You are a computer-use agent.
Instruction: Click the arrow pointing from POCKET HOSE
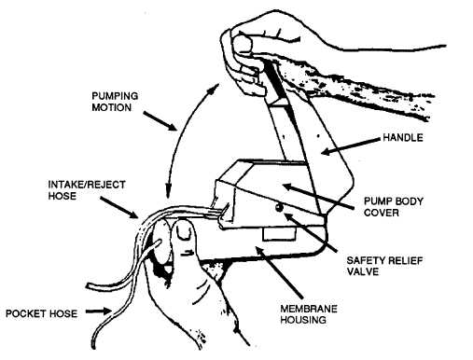(99, 312)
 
